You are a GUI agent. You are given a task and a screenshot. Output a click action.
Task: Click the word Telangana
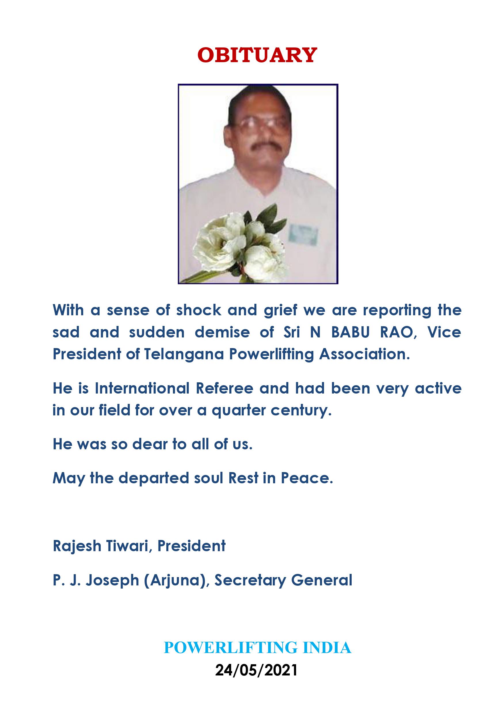pyautogui.click(x=184, y=354)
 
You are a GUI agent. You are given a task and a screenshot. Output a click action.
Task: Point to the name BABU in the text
pyautogui.click(x=350, y=332)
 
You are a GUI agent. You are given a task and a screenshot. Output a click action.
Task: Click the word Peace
pyautogui.click(x=307, y=478)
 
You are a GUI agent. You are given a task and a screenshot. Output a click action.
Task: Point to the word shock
pyautogui.click(x=199, y=310)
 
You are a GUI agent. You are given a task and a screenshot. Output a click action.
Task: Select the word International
pyautogui.click(x=142, y=388)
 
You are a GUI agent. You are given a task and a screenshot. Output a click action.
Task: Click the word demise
pyautogui.click(x=222, y=332)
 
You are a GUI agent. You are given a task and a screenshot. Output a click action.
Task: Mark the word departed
pyautogui.click(x=154, y=478)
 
